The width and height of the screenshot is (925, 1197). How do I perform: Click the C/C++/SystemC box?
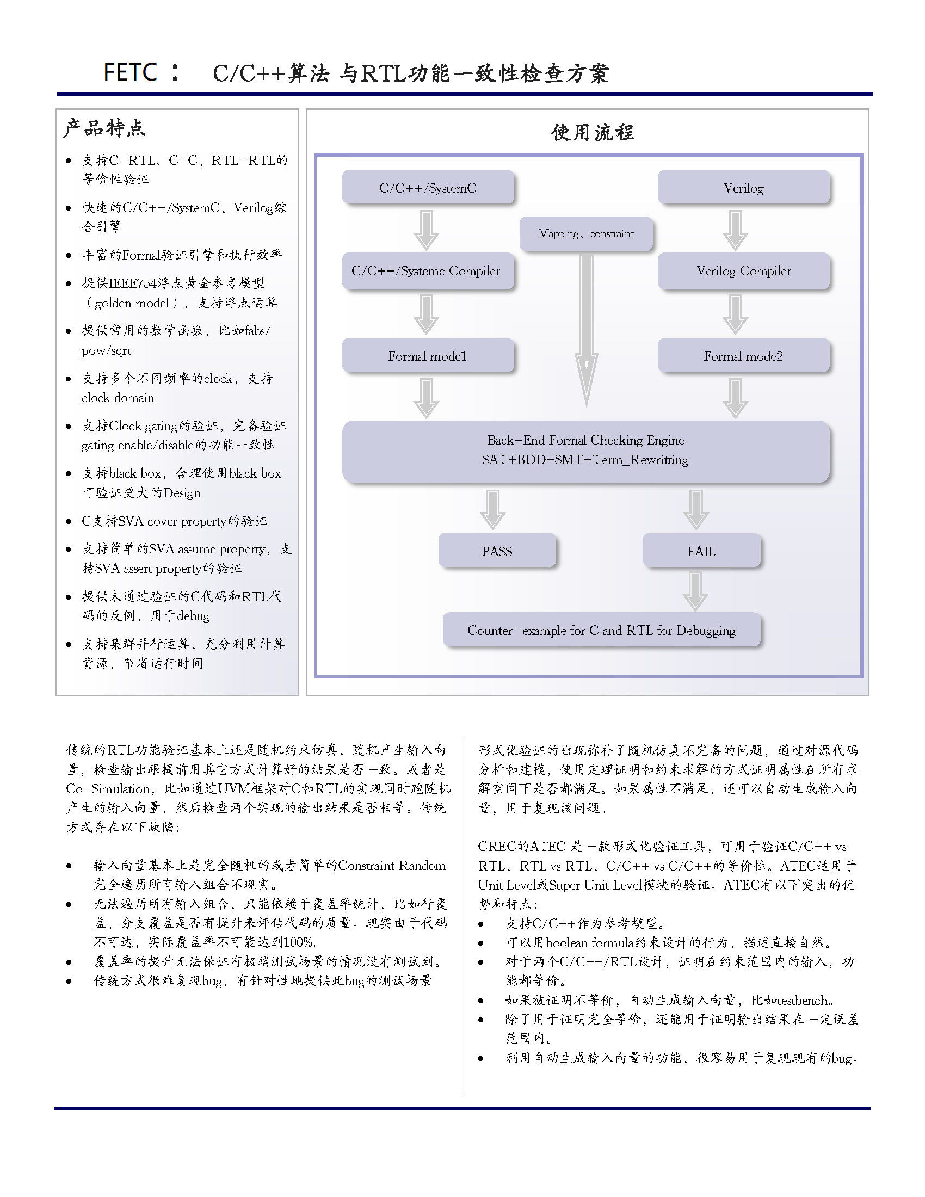[428, 188]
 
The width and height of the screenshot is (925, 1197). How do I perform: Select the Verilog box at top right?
[743, 188]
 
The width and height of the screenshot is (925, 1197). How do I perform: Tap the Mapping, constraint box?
[586, 234]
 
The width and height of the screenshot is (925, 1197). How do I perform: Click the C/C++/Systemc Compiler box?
[427, 271]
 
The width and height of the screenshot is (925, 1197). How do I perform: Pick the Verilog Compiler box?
[743, 271]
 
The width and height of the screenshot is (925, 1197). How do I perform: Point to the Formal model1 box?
[428, 356]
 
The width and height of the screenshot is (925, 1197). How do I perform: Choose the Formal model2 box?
[743, 356]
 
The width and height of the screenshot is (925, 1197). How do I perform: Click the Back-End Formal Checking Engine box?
[585, 451]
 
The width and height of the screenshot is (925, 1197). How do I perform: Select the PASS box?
[497, 551]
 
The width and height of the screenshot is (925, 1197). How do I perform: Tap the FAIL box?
[701, 551]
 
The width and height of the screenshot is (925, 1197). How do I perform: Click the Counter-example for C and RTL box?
[601, 630]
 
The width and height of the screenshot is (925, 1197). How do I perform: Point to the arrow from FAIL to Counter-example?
[696, 591]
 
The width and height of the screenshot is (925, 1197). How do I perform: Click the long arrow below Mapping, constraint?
[587, 329]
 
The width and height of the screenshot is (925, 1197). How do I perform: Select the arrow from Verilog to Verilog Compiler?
[736, 230]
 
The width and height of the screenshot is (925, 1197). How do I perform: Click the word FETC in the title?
[131, 72]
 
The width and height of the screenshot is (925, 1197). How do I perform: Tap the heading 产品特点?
[104, 128]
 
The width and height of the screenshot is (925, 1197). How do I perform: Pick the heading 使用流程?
[594, 132]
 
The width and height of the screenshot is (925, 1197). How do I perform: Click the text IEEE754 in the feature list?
[133, 283]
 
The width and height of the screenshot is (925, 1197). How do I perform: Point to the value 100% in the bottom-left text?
[298, 942]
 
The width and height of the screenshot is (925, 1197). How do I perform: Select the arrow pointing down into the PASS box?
[492, 510]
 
